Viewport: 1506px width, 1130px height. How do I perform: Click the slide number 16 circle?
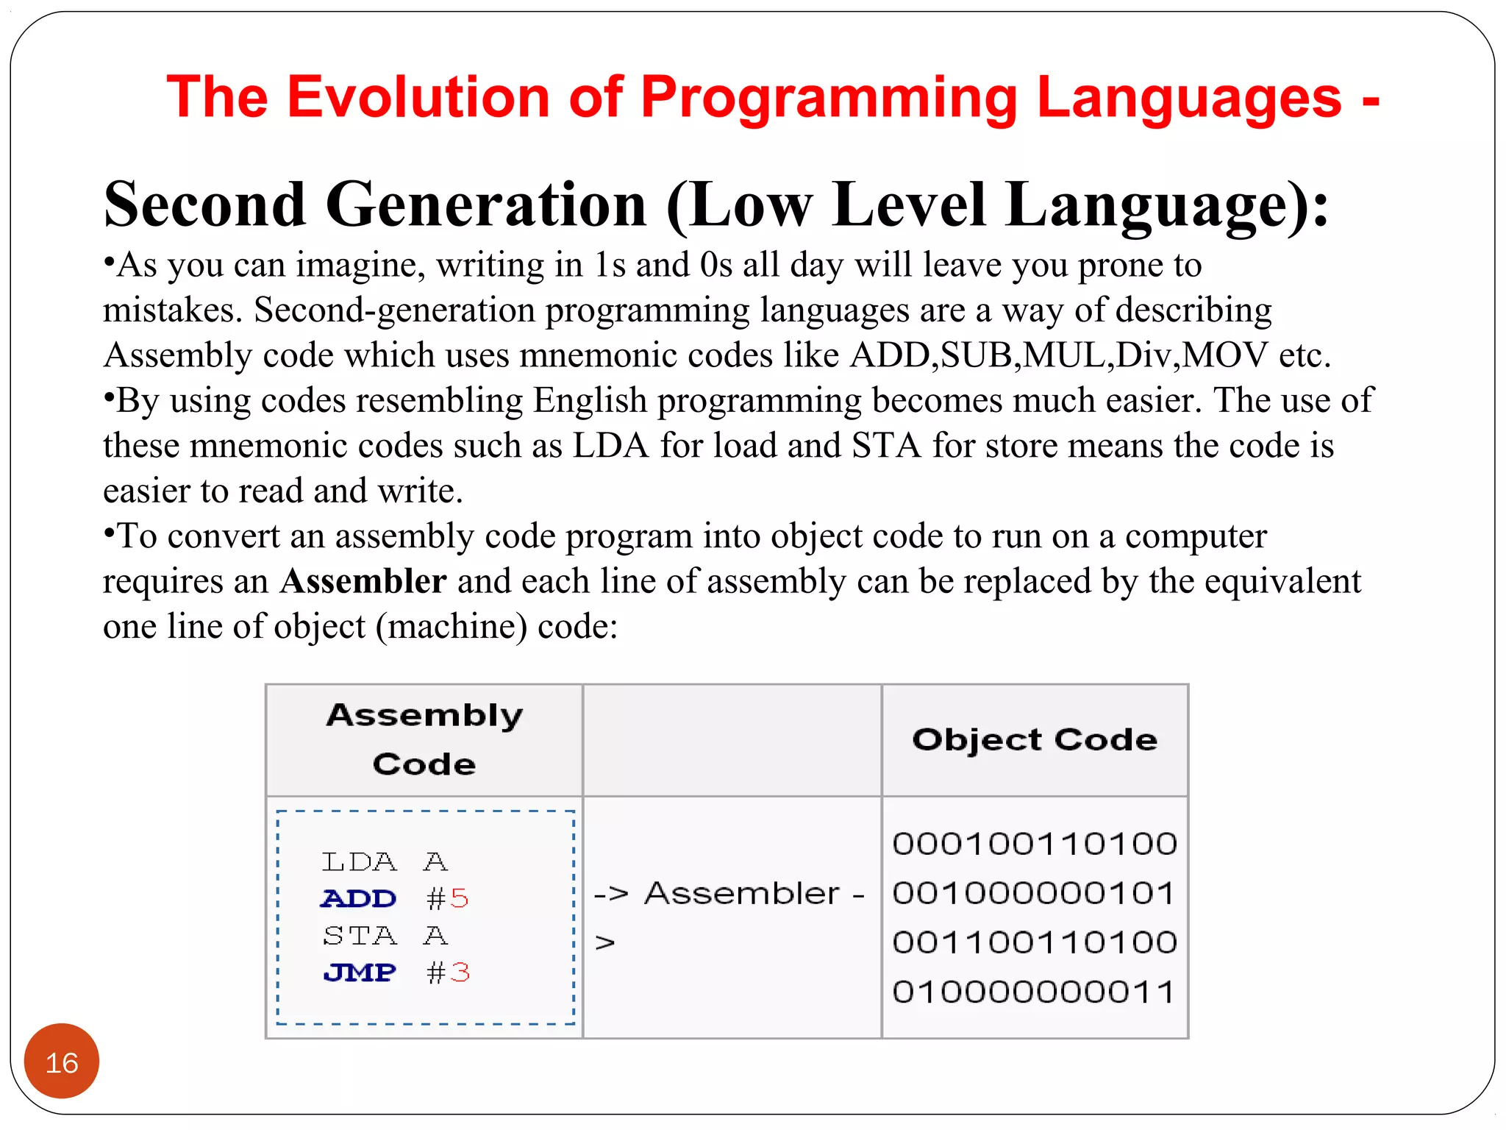click(x=62, y=1062)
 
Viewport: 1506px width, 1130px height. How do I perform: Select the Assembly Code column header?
click(x=424, y=739)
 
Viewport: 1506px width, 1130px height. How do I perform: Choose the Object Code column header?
click(x=1035, y=739)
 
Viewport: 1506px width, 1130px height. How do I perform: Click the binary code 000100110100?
click(x=1035, y=844)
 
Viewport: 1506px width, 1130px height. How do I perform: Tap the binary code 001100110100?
click(x=1035, y=942)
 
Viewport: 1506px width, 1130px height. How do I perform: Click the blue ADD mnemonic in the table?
click(x=359, y=899)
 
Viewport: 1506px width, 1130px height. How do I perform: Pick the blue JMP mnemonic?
click(x=360, y=973)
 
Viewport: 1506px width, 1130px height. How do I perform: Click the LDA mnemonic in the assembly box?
click(x=359, y=861)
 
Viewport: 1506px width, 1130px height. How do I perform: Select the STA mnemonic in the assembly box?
click(x=360, y=936)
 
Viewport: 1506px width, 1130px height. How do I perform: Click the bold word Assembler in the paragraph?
click(x=363, y=581)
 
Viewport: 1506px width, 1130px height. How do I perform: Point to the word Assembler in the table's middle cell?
click(x=741, y=894)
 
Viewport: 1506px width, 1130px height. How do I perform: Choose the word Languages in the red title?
click(x=1189, y=97)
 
